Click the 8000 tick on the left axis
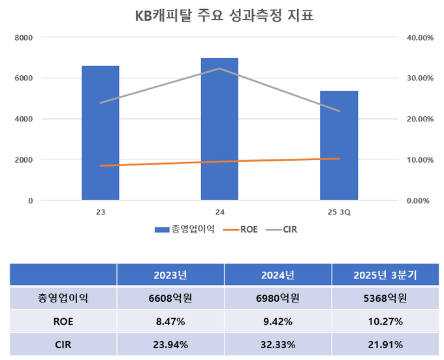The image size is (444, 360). [x=24, y=37]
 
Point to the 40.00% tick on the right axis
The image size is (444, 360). [x=420, y=37]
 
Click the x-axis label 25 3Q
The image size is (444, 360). [x=339, y=213]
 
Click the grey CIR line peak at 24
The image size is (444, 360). [x=219, y=69]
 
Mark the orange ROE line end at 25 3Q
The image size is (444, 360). [x=339, y=159]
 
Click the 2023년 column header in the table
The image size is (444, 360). [x=170, y=275]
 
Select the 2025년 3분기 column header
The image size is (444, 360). [x=385, y=275]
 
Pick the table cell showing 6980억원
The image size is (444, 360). [x=277, y=299]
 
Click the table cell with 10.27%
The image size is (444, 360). [x=385, y=321]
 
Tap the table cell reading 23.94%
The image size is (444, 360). [x=170, y=344]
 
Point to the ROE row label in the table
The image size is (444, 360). [x=63, y=321]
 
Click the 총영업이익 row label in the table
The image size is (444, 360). [x=63, y=299]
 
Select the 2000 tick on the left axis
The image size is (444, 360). [x=24, y=159]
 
